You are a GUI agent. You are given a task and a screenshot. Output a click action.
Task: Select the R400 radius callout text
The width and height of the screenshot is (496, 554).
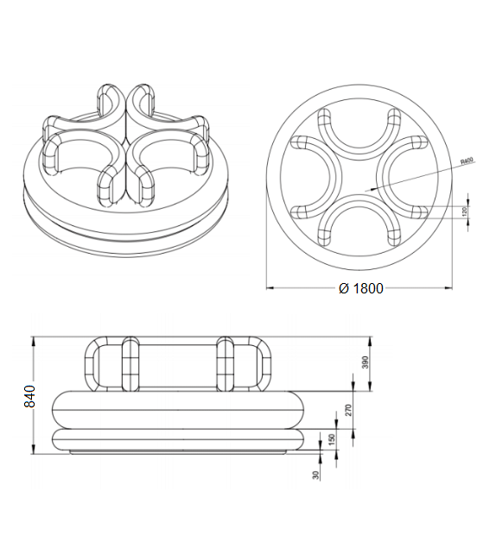tap(467, 161)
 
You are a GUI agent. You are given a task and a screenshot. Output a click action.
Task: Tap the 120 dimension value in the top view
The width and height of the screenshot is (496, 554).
tap(463, 211)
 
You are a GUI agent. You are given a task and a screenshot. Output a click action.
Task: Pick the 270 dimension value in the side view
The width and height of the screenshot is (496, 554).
tap(349, 409)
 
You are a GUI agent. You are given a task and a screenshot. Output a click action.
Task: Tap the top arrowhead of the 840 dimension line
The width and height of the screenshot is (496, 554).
tap(32, 337)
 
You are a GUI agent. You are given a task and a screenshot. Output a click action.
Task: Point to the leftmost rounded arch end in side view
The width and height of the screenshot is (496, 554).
tap(96, 362)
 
